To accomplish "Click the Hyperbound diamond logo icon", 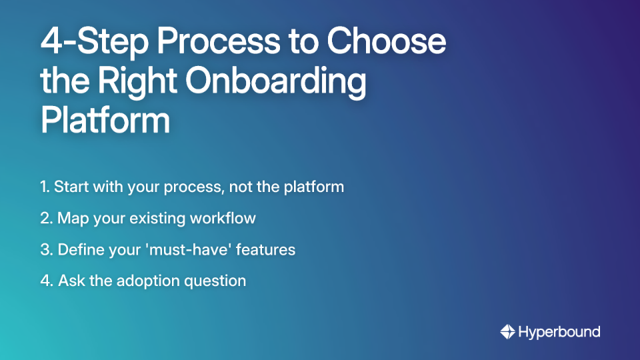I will [507, 331].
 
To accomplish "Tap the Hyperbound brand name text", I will [559, 331].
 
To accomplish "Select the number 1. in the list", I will [45, 187].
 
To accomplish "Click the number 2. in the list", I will [46, 218].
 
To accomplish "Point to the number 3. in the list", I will [46, 250].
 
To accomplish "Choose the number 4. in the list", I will [46, 281].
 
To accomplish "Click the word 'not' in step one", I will [239, 187].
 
